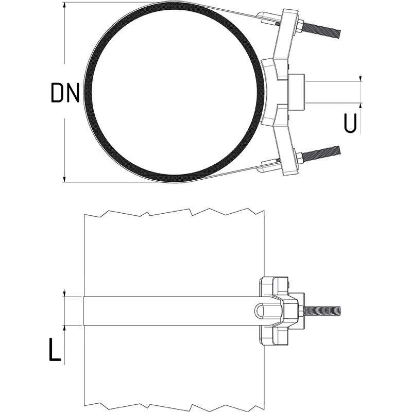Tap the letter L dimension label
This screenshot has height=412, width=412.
tap(56, 349)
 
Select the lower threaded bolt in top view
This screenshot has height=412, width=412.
tap(322, 153)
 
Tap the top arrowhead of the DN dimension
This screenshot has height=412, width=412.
tap(64, 5)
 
